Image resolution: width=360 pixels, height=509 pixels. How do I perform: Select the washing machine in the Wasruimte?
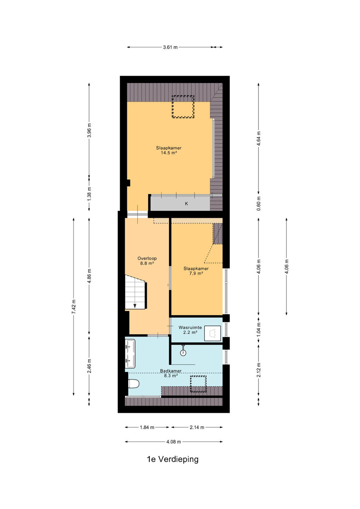click(x=213, y=333)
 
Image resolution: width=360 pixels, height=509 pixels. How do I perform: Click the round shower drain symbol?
click(x=183, y=352)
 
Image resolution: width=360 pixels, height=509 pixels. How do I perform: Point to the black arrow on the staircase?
click(x=135, y=306)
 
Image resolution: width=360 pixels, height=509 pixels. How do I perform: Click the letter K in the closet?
click(x=186, y=204)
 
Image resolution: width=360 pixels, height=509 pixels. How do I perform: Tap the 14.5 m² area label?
click(x=169, y=153)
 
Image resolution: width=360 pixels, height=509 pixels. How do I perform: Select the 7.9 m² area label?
click(x=196, y=273)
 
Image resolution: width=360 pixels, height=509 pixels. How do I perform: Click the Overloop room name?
click(x=147, y=258)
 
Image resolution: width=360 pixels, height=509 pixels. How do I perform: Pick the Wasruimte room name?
click(x=190, y=327)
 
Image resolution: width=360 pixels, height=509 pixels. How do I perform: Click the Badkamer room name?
click(x=171, y=371)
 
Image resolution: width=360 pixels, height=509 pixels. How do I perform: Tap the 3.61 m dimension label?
click(x=170, y=47)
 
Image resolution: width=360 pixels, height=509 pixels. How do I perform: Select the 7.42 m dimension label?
click(x=74, y=307)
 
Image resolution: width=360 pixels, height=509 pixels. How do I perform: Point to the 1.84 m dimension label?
click(x=147, y=427)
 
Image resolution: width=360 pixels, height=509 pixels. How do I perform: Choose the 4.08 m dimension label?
click(x=174, y=442)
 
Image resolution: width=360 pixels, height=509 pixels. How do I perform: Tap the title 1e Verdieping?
click(x=173, y=459)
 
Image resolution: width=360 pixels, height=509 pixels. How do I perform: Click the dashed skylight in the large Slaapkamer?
click(x=183, y=107)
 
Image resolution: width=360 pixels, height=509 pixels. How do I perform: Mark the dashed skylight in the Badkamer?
click(x=198, y=384)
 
